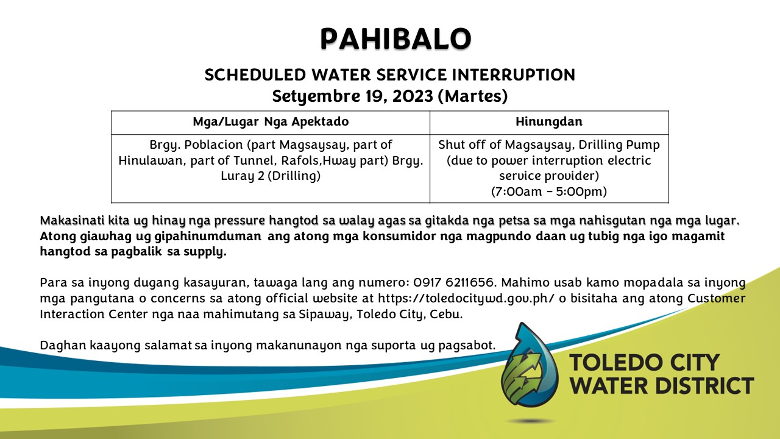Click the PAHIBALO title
pyautogui.click(x=396, y=38)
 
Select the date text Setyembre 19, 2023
pyautogui.click(x=352, y=96)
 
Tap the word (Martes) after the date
pyautogui.click(x=472, y=96)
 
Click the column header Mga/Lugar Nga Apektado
pyautogui.click(x=271, y=121)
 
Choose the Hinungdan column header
pyautogui.click(x=549, y=121)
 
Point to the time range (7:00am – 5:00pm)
pyautogui.click(x=549, y=191)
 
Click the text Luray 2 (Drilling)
pyautogui.click(x=271, y=176)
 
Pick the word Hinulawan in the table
pyautogui.click(x=152, y=160)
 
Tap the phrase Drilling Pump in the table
pyautogui.click(x=619, y=145)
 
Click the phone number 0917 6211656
pyautogui.click(x=454, y=282)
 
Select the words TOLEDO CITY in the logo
pyautogui.click(x=645, y=362)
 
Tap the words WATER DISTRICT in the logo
pyautogui.click(x=662, y=386)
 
